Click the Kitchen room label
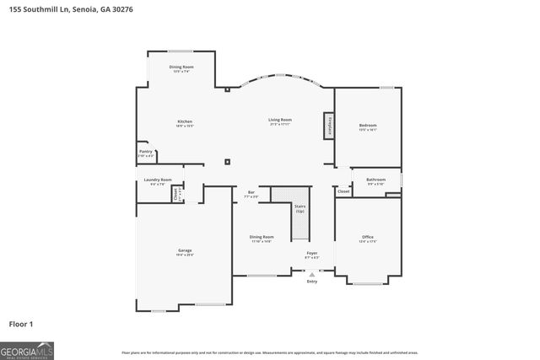tap(184, 121)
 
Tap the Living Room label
tap(279, 120)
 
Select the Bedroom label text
tap(368, 125)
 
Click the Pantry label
tap(145, 152)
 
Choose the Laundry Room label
tap(158, 180)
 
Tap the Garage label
tap(184, 250)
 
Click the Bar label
tap(251, 193)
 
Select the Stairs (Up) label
tap(300, 207)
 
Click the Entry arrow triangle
tap(312, 274)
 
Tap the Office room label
tap(368, 237)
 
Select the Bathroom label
tap(375, 180)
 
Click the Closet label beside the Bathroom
tap(343, 192)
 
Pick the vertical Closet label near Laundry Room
tap(175, 193)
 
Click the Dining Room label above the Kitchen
tap(181, 67)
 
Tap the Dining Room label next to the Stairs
tap(261, 237)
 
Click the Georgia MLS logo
tap(27, 349)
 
